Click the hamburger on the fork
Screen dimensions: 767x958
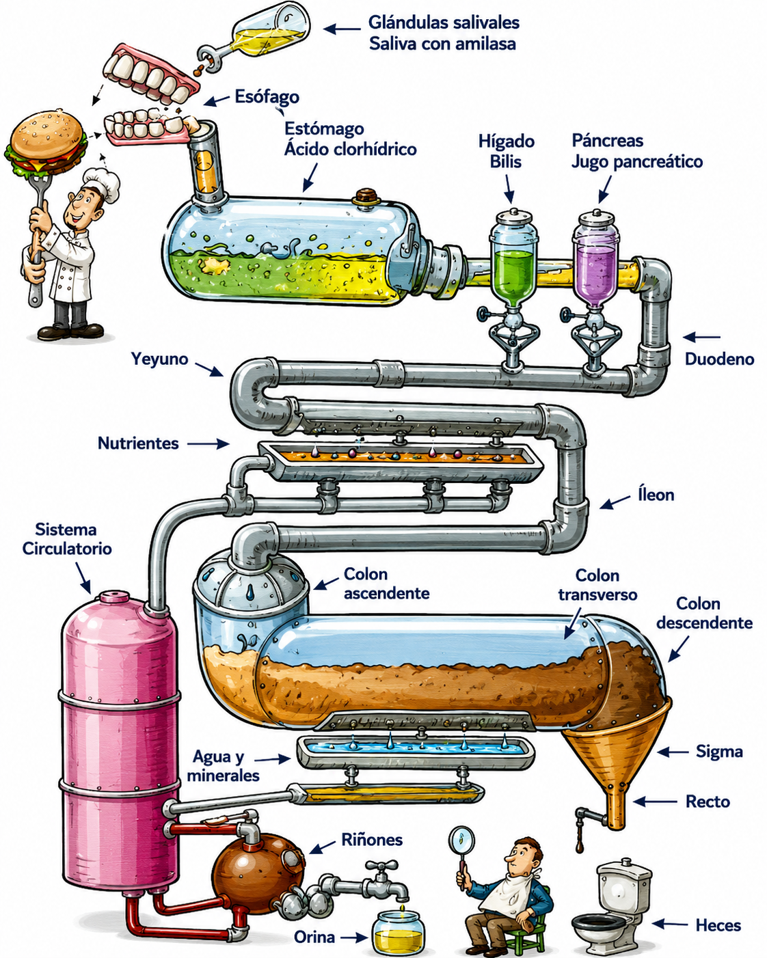click(46, 143)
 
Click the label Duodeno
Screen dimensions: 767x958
click(719, 359)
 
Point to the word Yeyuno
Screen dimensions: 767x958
click(159, 359)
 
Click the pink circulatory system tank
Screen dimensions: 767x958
click(120, 739)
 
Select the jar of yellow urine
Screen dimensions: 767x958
click(399, 931)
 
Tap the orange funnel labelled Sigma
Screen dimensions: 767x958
click(616, 757)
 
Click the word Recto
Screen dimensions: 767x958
click(708, 802)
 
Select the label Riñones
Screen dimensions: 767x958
click(372, 840)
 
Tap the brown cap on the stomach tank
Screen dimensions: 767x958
click(366, 196)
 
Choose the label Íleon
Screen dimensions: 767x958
click(656, 495)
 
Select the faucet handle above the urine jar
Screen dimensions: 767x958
click(381, 866)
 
